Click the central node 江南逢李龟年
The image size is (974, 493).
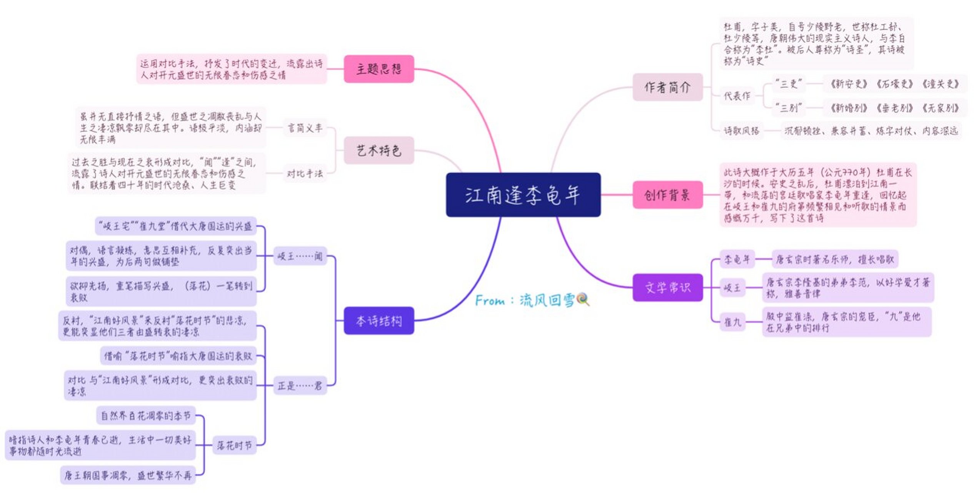coord(523,195)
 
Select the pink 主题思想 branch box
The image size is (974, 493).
coord(379,69)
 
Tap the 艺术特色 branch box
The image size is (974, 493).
coord(379,150)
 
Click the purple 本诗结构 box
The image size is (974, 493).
coord(379,320)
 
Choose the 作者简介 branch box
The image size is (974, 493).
coord(667,87)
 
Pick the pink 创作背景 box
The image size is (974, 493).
coord(667,195)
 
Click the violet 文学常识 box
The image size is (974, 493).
coord(667,287)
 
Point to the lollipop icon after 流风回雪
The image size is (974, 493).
coord(583,299)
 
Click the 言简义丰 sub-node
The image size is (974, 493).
coord(305,128)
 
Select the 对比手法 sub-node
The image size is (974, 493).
coord(305,174)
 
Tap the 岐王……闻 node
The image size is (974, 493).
coord(300,256)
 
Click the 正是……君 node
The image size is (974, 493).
coord(300,385)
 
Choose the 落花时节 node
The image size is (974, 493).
coord(234,445)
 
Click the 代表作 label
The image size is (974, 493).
coord(737,96)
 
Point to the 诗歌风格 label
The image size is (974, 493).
coord(741,131)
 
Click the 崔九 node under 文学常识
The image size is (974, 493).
coord(732,322)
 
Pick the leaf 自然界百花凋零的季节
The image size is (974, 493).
coord(146,416)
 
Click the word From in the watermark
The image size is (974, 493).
coord(490,300)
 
